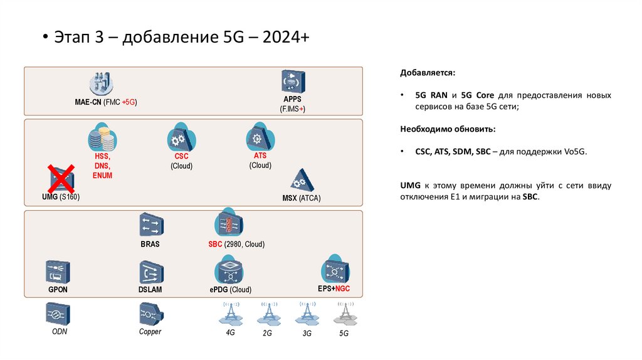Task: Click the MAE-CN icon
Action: [x=101, y=83]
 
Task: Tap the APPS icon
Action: [x=293, y=82]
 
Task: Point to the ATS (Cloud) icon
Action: [x=257, y=137]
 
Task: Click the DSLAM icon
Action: [x=150, y=273]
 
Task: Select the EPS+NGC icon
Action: [x=333, y=270]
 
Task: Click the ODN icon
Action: [x=58, y=313]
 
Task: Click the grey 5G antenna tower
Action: [x=343, y=313]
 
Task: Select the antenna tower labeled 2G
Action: [x=268, y=312]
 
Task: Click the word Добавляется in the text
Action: [x=424, y=73]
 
